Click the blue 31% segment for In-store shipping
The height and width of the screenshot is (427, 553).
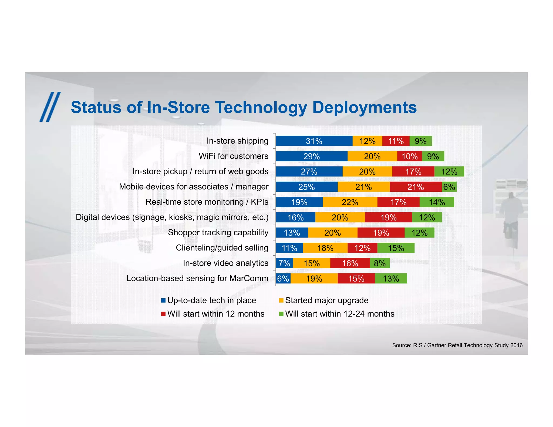pyautogui.click(x=314, y=141)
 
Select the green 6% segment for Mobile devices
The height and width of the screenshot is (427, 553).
pyautogui.click(x=449, y=187)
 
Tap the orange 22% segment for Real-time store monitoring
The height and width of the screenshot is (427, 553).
pyautogui.click(x=350, y=202)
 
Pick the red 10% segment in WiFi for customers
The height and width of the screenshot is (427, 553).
pyautogui.click(x=409, y=156)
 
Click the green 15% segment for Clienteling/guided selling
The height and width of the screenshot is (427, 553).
pyautogui.click(x=396, y=248)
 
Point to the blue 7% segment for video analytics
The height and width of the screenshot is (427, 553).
pyautogui.click(x=284, y=263)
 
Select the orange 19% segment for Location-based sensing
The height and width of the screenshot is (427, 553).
pyautogui.click(x=314, y=279)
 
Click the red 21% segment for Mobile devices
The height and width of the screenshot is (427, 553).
pyautogui.click(x=416, y=187)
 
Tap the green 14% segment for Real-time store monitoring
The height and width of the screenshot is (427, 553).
pyautogui.click(x=437, y=202)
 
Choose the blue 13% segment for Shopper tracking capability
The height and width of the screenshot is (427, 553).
pyautogui.click(x=292, y=233)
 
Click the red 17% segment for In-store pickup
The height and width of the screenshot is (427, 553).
pyautogui.click(x=413, y=172)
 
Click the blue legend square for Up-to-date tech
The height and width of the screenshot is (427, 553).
pyautogui.click(x=163, y=300)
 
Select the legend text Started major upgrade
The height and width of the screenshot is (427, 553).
pyautogui.click(x=327, y=300)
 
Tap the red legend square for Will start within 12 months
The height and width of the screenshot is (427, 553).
pyautogui.click(x=163, y=314)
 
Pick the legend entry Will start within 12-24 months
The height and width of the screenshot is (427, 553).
pyautogui.click(x=340, y=314)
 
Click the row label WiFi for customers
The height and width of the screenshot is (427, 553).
pyautogui.click(x=233, y=156)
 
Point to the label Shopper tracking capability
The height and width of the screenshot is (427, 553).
pyautogui.click(x=218, y=233)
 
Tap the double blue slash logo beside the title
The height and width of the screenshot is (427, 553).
pyautogui.click(x=50, y=107)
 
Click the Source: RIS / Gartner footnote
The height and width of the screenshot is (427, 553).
pyautogui.click(x=457, y=345)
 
